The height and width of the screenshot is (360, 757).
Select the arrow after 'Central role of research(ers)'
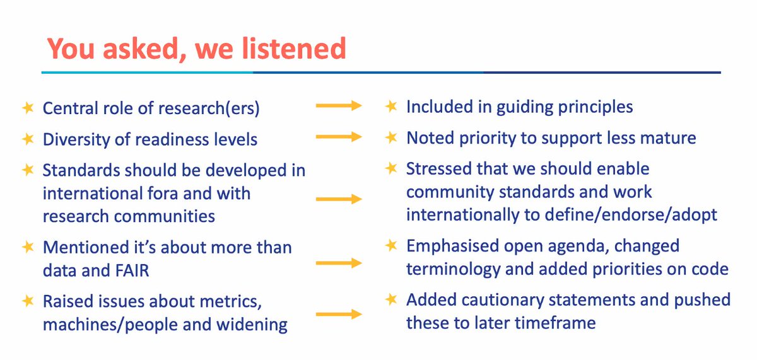pyautogui.click(x=339, y=107)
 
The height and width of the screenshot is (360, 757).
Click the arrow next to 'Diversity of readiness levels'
pyautogui.click(x=339, y=137)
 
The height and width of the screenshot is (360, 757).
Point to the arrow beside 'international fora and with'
pyautogui.click(x=339, y=199)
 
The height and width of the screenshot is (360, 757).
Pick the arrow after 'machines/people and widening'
pyautogui.click(x=339, y=313)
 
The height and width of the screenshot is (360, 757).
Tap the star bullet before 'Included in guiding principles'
pyautogui.click(x=391, y=107)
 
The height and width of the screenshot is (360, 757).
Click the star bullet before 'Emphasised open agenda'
pyautogui.click(x=391, y=245)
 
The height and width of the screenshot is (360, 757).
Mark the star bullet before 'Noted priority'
pyautogui.click(x=391, y=137)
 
